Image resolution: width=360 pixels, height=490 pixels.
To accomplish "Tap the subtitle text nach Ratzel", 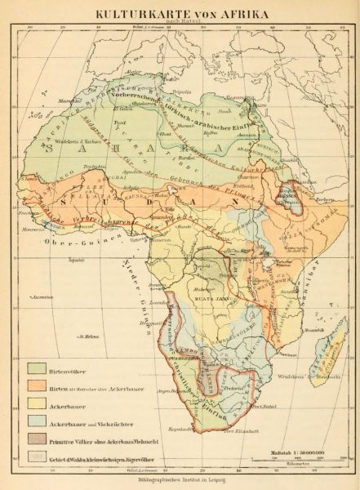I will pyautogui.click(x=181, y=23).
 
